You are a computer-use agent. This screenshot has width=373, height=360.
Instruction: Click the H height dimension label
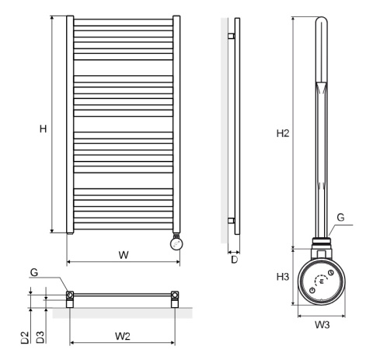pyautogui.click(x=44, y=128)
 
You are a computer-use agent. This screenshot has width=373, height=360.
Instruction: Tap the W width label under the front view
pyautogui.click(x=124, y=255)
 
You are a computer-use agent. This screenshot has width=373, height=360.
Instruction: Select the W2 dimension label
pyautogui.click(x=123, y=336)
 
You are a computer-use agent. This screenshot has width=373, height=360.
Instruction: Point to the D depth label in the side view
pyautogui.click(x=234, y=260)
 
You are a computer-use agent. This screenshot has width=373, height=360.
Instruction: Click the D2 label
pyautogui.click(x=25, y=337)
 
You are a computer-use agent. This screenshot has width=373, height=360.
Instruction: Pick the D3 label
pyautogui.click(x=40, y=337)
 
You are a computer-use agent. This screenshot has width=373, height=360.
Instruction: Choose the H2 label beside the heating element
pyautogui.click(x=283, y=133)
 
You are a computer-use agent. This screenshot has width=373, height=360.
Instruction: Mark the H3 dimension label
pyautogui.click(x=283, y=277)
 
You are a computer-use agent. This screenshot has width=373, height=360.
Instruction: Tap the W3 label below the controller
pyautogui.click(x=322, y=324)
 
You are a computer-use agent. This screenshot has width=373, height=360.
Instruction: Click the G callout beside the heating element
pyautogui.click(x=340, y=217)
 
